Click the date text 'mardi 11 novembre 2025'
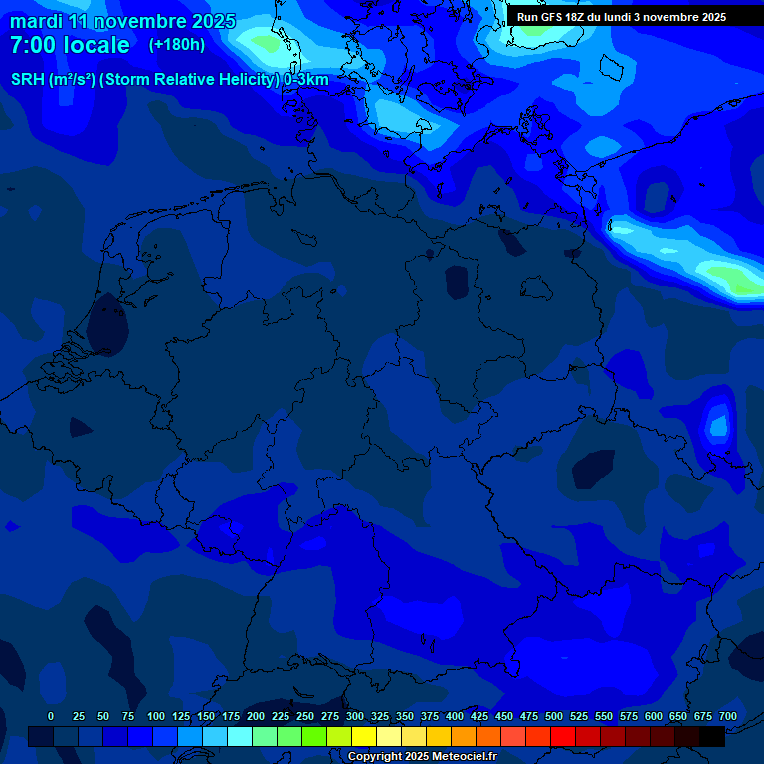pos(122,21)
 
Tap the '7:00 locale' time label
pos(70,45)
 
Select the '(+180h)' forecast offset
pos(177,45)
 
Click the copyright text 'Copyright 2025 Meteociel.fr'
pos(422,757)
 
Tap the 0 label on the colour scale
pos(51,716)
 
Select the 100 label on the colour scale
pos(156,716)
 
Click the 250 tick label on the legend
pos(305,716)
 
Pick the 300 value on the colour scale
pos(355,716)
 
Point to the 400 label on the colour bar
pos(455,716)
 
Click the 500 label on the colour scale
pos(554,716)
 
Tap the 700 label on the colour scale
pos(728,716)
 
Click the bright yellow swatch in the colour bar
pos(364,736)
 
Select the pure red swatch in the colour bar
pos(563,736)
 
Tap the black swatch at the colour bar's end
pos(712,736)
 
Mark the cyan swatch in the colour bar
pos(240,736)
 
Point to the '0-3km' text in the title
pos(305,79)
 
